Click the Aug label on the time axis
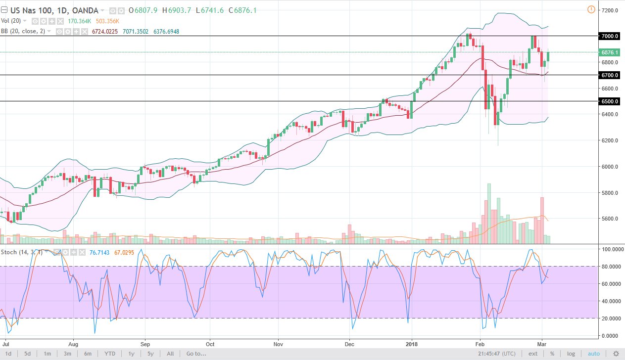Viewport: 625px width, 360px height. [x=73, y=343]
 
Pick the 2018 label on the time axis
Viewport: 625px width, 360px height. [x=412, y=343]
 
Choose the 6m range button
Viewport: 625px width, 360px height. [x=87, y=354]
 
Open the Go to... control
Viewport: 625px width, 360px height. [x=196, y=354]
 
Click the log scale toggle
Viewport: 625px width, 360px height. [x=571, y=354]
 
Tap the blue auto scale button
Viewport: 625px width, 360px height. [x=593, y=354]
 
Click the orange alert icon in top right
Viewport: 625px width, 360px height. [x=591, y=9]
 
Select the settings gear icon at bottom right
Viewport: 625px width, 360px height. [x=616, y=354]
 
